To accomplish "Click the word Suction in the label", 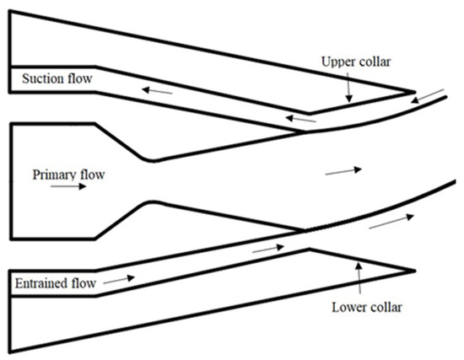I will (x=35, y=79).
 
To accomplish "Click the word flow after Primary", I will (x=93, y=175).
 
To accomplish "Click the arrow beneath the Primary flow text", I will (x=68, y=189).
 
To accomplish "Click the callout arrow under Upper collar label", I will (x=348, y=89).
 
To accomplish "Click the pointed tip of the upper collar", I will (x=415, y=92).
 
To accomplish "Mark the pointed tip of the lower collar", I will (x=415, y=271).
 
